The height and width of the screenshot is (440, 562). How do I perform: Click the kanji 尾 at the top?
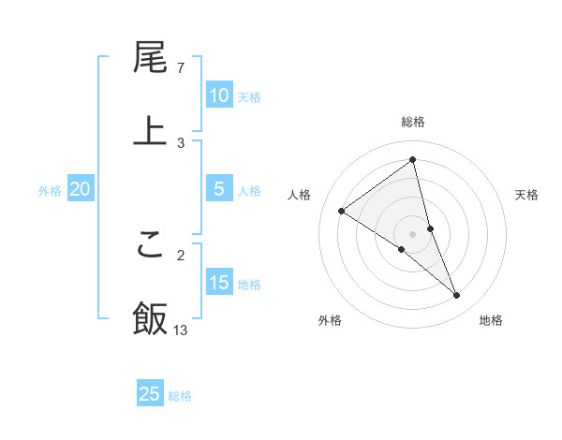point(150,58)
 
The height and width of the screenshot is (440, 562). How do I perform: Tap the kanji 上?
point(150,130)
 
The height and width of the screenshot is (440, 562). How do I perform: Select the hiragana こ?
point(150,245)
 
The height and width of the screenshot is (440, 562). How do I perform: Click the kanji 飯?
point(150,317)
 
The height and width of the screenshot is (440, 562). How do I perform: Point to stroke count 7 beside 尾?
point(181,68)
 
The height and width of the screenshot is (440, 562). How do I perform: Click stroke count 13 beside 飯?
point(181,330)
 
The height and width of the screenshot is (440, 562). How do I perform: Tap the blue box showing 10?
point(219,95)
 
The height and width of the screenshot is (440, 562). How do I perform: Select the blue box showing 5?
point(219,189)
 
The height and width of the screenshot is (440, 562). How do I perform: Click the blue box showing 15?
point(219,283)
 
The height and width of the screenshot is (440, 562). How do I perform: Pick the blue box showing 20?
point(80,189)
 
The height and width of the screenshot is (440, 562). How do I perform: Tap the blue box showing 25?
point(150,394)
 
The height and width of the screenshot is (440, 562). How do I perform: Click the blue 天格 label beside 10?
point(249,97)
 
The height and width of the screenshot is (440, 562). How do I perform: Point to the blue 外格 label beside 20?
point(50,191)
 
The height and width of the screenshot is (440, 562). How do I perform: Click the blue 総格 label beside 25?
point(180,396)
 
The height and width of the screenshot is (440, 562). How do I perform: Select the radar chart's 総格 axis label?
point(413,122)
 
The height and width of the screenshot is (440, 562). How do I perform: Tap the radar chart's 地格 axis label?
point(491,321)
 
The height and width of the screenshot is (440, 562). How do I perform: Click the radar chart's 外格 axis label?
point(330,321)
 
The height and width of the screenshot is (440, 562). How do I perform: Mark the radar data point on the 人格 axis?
point(341,211)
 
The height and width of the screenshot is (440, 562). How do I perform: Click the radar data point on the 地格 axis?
point(457,295)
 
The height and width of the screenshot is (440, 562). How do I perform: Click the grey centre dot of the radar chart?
point(413,233)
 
